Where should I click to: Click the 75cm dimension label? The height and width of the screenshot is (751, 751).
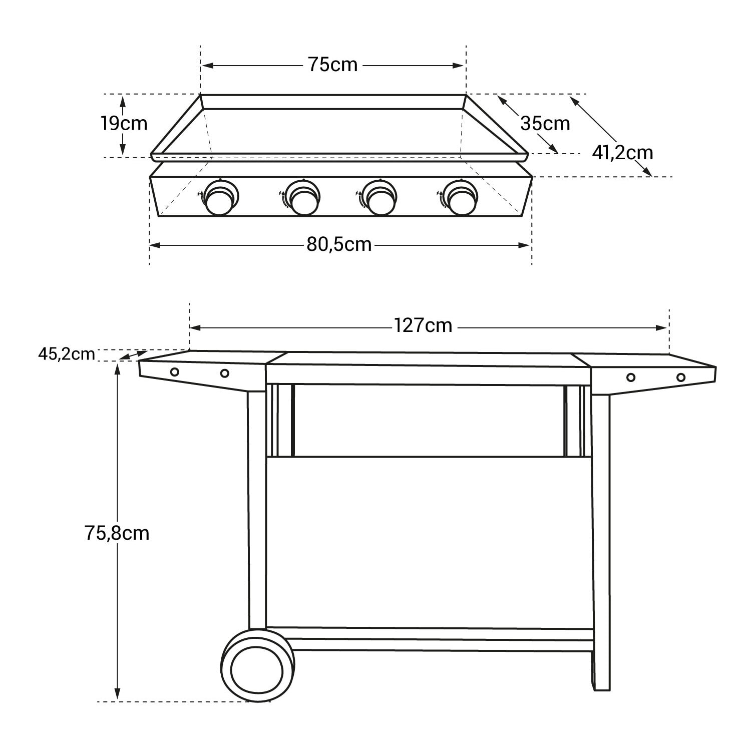(x=333, y=65)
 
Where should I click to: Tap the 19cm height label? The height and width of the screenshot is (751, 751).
(x=125, y=123)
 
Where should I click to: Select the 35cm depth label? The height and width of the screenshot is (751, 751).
(x=545, y=123)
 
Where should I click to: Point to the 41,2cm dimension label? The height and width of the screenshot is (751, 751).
(x=623, y=152)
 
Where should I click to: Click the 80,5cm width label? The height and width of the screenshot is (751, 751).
(x=339, y=244)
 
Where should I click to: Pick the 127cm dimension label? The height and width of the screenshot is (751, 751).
(x=423, y=326)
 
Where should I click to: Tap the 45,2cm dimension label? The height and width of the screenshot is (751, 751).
(x=66, y=354)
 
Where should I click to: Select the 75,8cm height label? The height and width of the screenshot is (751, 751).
(x=117, y=533)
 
